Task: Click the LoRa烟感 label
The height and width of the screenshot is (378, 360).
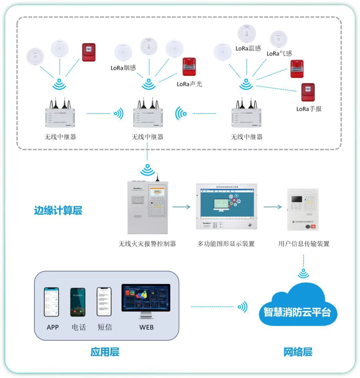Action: (123, 68)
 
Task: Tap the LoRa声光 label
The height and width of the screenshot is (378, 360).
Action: (189, 84)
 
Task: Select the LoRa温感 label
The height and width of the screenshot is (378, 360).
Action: (248, 49)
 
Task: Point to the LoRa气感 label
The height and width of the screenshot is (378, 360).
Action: (279, 54)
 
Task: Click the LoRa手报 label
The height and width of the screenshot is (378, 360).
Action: (309, 109)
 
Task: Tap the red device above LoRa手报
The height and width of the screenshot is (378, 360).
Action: (308, 93)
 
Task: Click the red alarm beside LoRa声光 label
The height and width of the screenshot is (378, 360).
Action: (189, 67)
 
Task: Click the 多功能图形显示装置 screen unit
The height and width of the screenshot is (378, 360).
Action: (226, 207)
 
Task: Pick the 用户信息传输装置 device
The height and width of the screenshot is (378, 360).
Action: (303, 210)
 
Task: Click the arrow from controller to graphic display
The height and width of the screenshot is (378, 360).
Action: (182, 207)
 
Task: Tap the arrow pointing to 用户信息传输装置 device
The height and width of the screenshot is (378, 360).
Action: (273, 207)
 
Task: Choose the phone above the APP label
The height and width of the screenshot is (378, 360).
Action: (52, 302)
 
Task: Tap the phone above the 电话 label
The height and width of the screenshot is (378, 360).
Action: (78, 302)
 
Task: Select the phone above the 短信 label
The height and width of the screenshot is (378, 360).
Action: (104, 302)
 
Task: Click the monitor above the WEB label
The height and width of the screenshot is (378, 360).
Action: (146, 301)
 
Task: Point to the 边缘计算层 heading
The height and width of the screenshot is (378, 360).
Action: (58, 210)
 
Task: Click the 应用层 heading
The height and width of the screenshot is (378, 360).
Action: (105, 352)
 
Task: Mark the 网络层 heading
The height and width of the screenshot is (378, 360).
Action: (298, 352)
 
